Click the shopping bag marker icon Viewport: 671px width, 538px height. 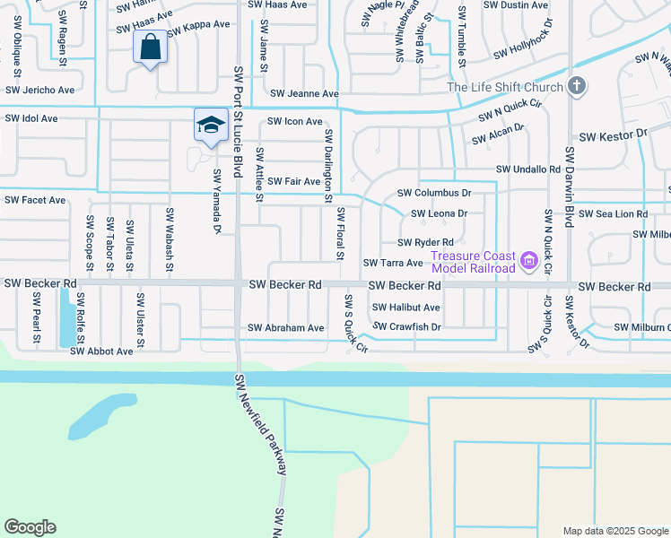pos(151,48)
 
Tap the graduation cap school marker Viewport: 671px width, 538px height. pos(210,125)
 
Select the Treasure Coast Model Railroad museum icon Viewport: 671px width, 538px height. pos(529,262)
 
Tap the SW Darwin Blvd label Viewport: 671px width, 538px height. pos(568,185)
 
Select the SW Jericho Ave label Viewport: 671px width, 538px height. pos(40,91)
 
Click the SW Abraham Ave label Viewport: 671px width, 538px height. pos(286,328)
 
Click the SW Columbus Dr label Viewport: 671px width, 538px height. pos(434,193)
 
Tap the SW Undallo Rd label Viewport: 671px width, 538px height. pos(528,169)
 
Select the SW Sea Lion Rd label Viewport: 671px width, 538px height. pos(613,213)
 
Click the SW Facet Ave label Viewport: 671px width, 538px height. pos(36,200)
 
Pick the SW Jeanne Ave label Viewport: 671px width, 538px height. pos(304,94)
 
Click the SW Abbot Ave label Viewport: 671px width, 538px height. pos(101,351)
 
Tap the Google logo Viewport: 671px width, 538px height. pos(30,527)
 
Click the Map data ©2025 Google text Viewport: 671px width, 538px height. pos(614,531)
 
